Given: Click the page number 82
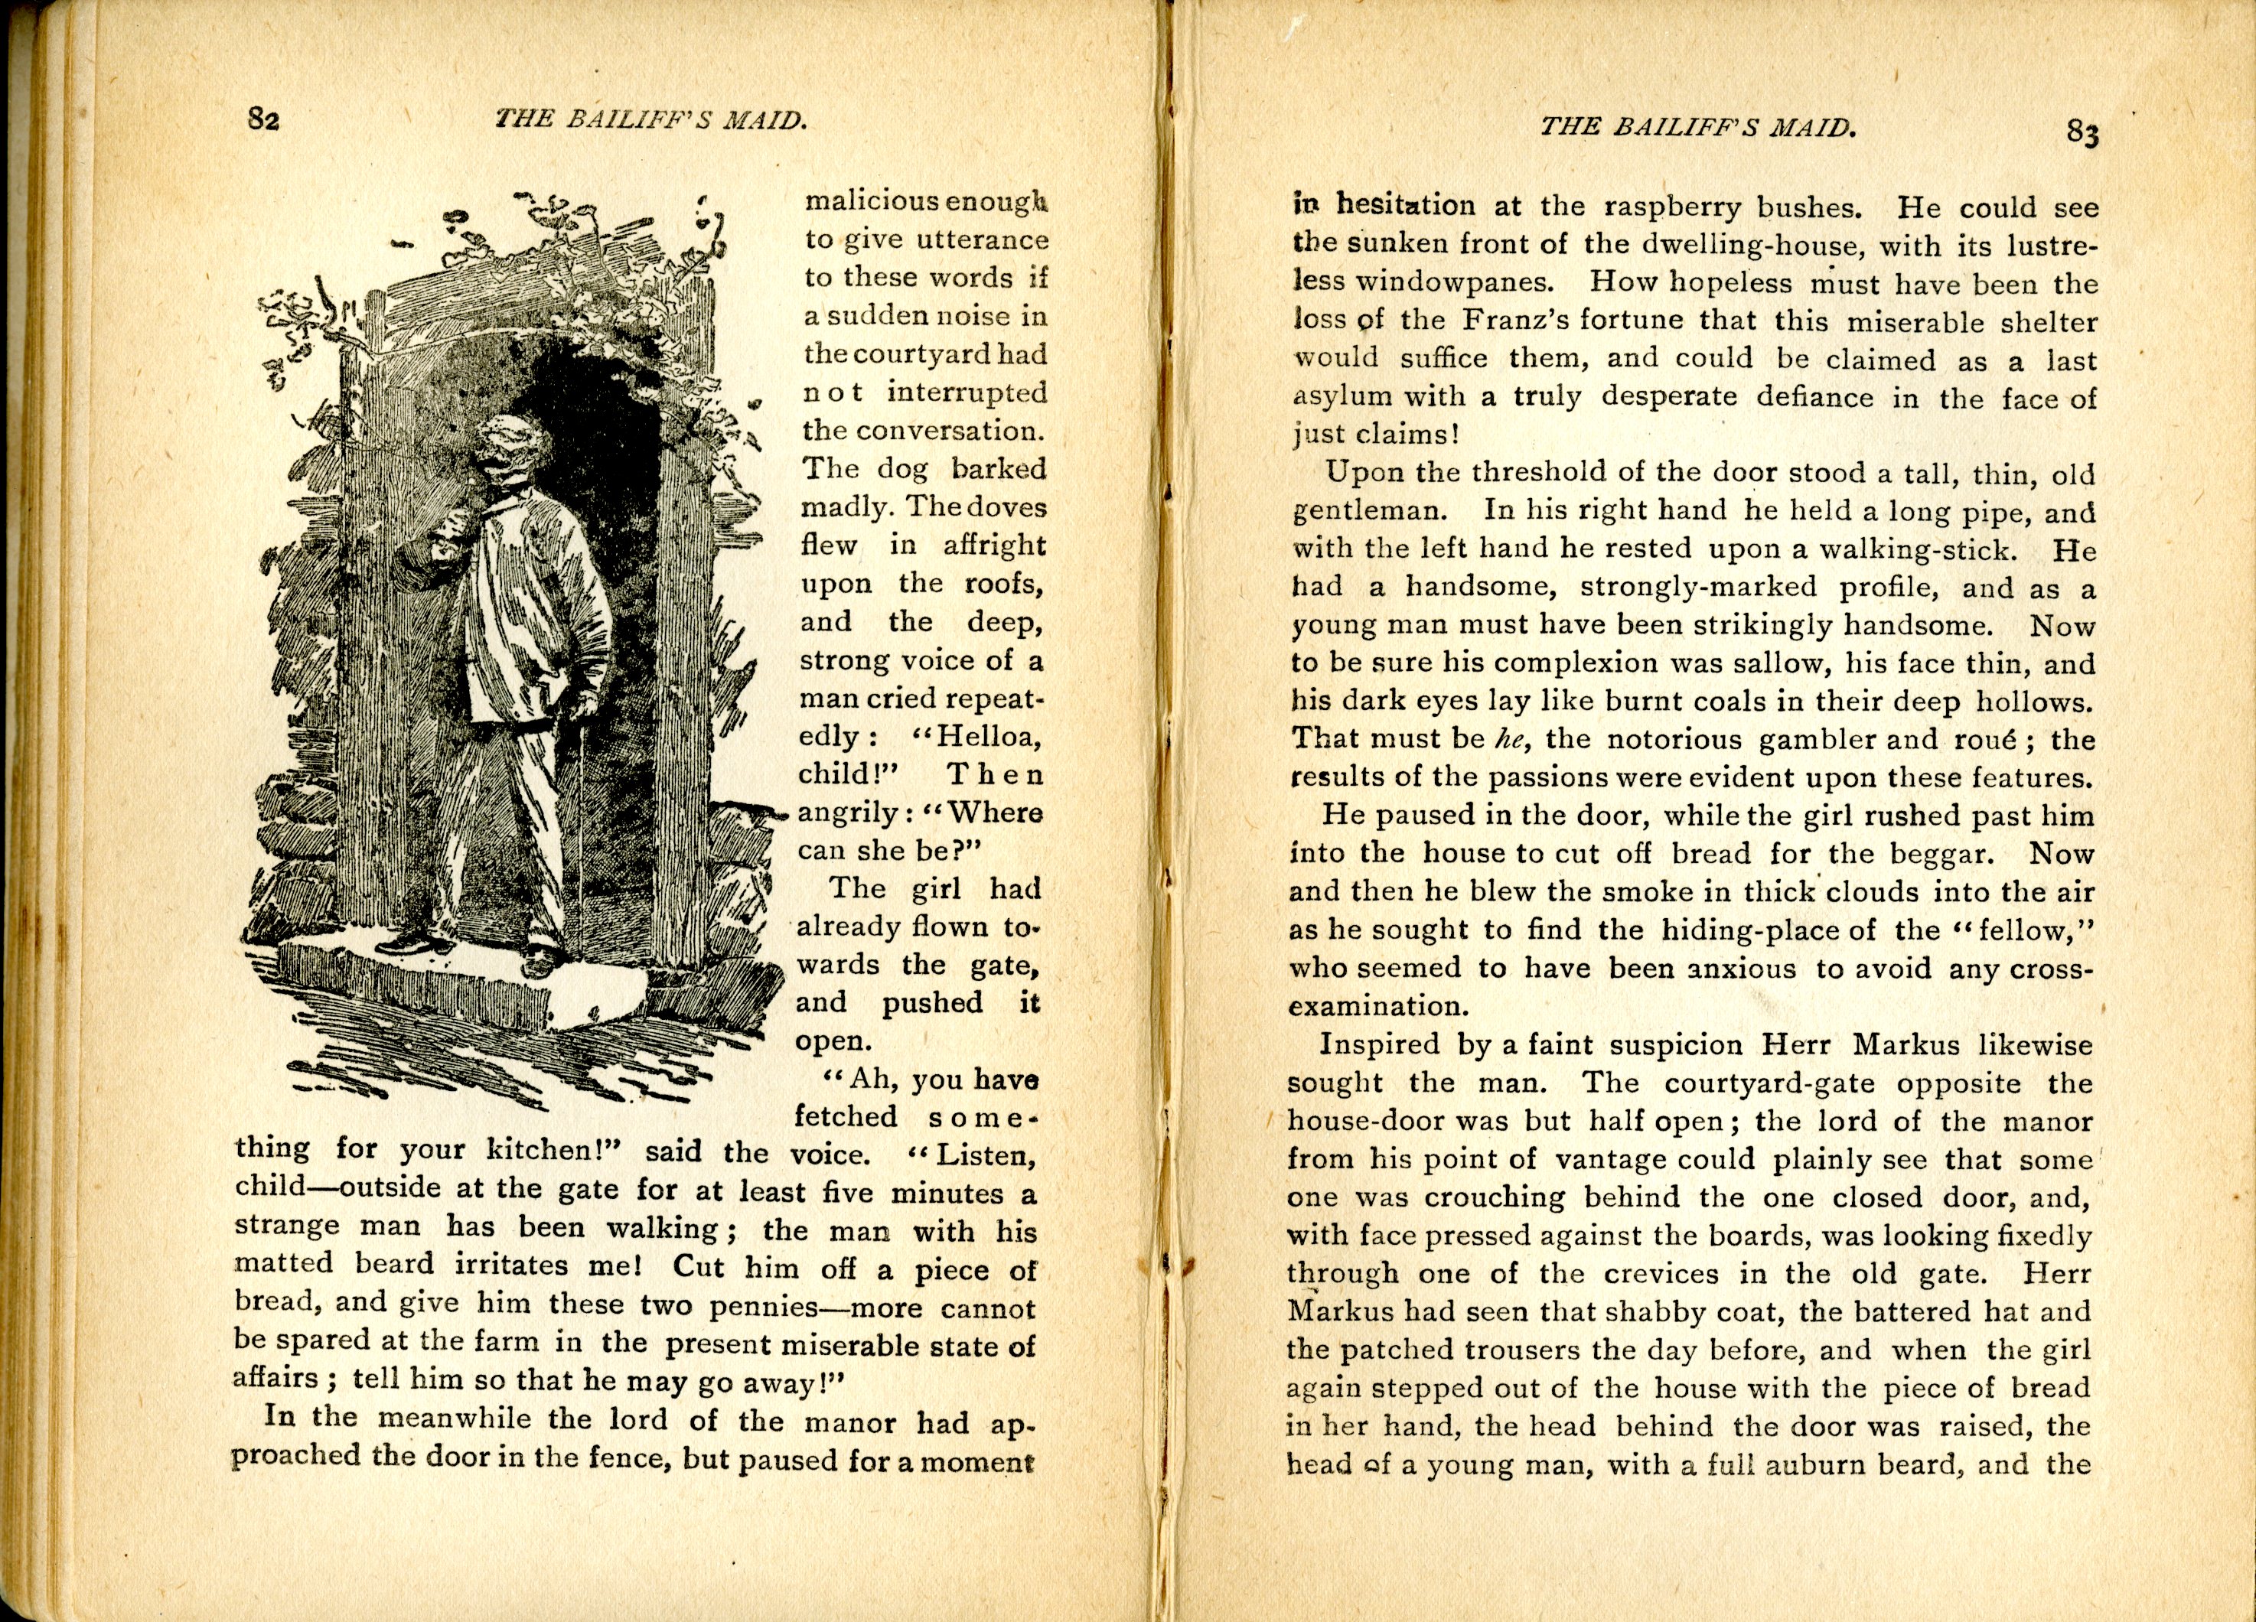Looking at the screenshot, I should pyautogui.click(x=263, y=119).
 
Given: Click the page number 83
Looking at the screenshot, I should pyautogui.click(x=2083, y=132).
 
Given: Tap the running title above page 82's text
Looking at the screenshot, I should pyautogui.click(x=650, y=119).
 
